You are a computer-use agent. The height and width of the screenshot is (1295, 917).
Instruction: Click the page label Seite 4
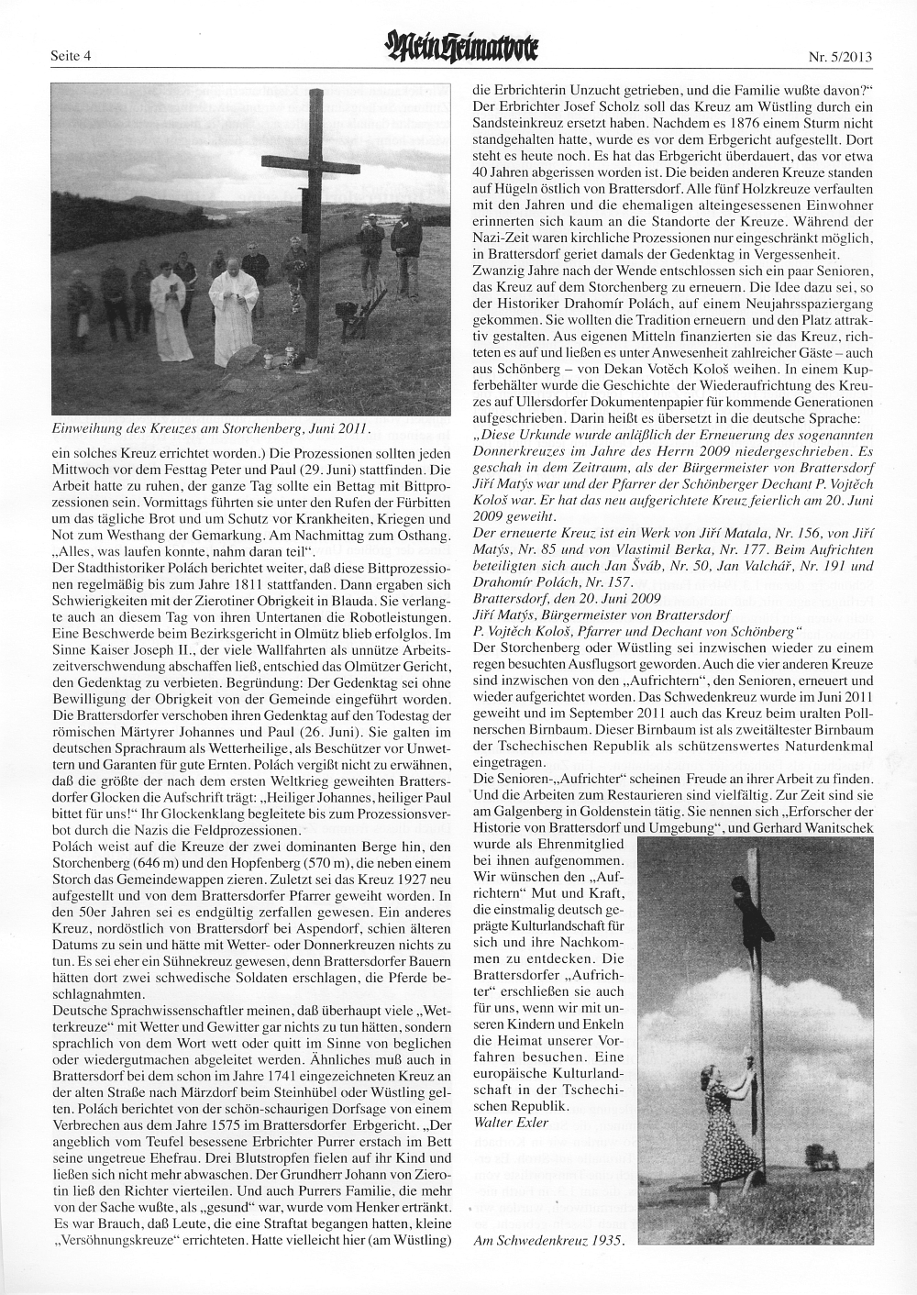tap(74, 58)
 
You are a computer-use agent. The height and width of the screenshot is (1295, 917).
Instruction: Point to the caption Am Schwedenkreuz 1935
tap(547, 1240)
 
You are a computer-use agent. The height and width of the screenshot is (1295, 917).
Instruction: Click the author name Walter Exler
tap(512, 1122)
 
